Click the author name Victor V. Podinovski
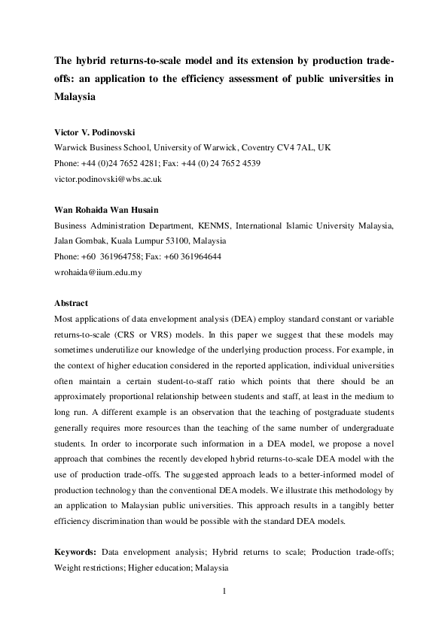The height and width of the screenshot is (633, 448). pos(94,132)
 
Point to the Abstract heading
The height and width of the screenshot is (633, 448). pos(71,303)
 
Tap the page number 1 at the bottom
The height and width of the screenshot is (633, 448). pos(224,591)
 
